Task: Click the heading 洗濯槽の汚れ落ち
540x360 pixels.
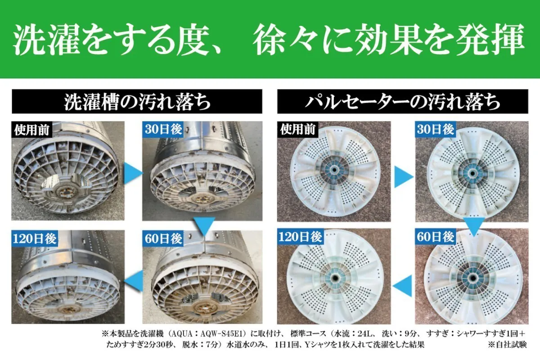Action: (x=137, y=102)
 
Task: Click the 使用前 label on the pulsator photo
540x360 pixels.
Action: (x=297, y=130)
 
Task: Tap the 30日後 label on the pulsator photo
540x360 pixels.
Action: (x=435, y=130)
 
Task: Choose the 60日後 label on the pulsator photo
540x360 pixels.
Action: (x=435, y=237)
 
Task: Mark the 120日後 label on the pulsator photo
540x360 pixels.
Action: (x=300, y=237)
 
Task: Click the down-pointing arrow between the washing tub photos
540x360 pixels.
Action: (x=204, y=226)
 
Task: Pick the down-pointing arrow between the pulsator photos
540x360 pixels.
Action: (x=473, y=226)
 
